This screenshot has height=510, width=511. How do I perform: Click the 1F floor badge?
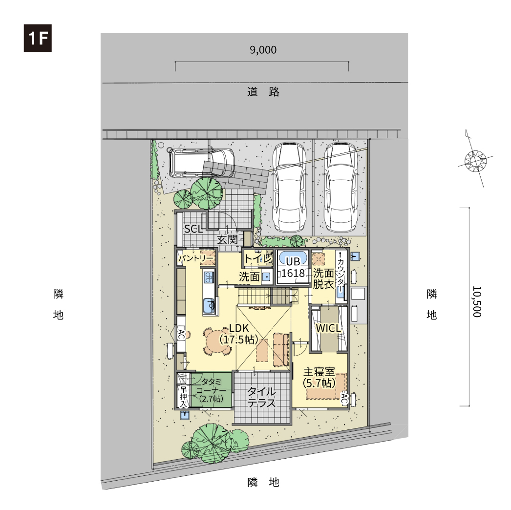38,38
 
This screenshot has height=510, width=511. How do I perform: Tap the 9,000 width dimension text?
263,50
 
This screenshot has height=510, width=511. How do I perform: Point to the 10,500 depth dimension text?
477,301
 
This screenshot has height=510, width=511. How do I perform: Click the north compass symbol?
475,159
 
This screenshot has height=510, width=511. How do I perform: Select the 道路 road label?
263,91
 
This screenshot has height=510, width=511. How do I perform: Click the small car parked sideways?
201,163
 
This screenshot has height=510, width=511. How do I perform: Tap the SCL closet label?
193,229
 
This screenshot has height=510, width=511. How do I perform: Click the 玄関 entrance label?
228,239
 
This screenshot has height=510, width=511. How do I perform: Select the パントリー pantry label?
195,258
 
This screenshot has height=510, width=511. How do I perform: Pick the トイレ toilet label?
258,259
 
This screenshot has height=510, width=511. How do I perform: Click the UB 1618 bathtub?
293,259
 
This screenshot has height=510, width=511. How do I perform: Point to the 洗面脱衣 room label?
323,278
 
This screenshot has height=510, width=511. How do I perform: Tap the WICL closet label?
328,328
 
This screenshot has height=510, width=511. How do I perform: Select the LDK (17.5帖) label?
239,334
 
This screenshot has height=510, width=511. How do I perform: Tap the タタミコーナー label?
211,390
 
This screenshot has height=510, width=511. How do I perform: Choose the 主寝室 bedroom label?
319,377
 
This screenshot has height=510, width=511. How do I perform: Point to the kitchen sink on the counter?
209,306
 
